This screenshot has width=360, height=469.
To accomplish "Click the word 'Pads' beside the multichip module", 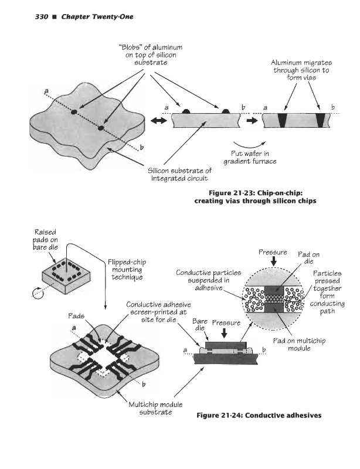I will [x=77, y=315].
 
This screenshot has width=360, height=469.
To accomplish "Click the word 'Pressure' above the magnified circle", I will [x=272, y=253].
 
